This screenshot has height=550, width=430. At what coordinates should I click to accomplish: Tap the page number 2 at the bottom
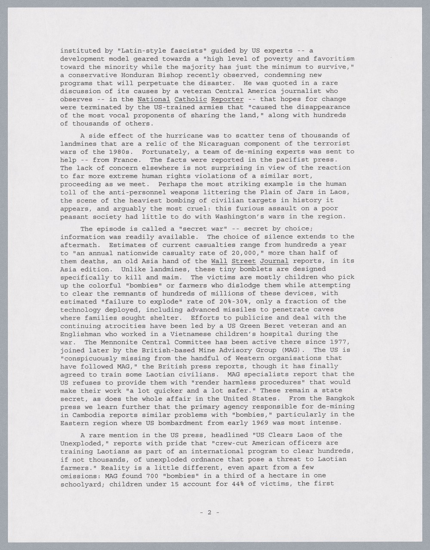[x=210, y=512]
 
